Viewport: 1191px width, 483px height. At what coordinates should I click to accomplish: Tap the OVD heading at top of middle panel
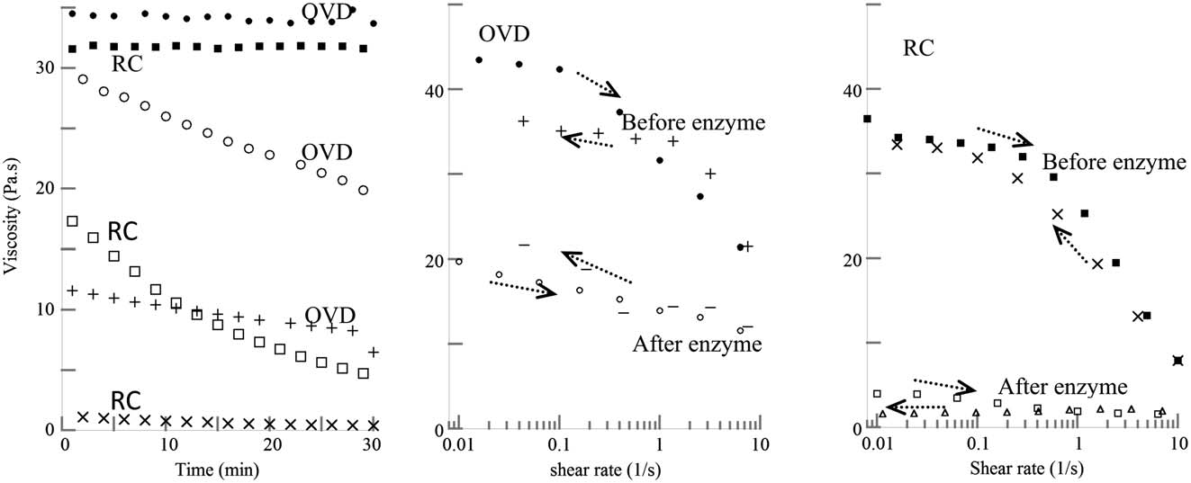tap(503, 33)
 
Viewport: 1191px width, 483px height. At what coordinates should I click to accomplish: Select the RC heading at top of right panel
tap(921, 48)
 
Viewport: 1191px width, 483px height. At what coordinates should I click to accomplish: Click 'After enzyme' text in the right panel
tap(1062, 388)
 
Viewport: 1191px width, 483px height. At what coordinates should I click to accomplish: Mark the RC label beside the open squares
tap(122, 231)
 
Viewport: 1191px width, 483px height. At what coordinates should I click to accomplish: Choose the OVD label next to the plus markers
tap(330, 315)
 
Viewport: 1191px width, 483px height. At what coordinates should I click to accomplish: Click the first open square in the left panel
tap(72, 220)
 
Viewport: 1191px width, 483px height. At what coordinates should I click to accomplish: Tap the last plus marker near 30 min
tap(374, 352)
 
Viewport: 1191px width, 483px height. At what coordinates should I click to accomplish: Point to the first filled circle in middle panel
tap(479, 60)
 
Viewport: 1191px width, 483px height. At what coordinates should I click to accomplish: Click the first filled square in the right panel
tap(867, 119)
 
